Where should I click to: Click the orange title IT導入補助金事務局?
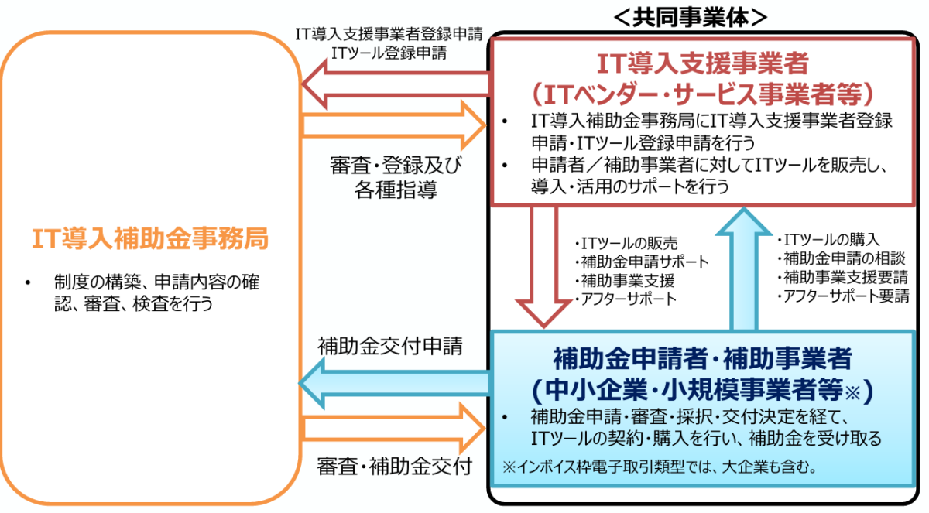[x=150, y=239]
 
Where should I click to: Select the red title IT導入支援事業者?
[x=702, y=61]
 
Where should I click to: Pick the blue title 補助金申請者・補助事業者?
[x=702, y=357]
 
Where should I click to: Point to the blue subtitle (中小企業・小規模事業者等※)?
[x=702, y=388]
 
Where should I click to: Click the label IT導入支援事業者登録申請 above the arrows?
[x=389, y=34]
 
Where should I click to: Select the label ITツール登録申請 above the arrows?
[x=389, y=53]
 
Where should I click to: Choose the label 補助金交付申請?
[x=390, y=346]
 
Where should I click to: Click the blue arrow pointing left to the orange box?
[x=395, y=384]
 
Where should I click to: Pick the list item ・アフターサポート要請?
[x=844, y=296]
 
